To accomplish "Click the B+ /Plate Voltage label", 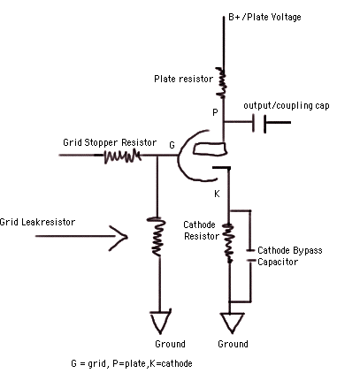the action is [264, 17].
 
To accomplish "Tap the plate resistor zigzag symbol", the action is [223, 83].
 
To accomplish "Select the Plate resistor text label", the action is [183, 79].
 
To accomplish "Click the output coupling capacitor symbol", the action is [260, 123].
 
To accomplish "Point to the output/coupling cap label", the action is [287, 105].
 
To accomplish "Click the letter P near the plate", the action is [215, 112].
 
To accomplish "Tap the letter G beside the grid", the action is [172, 145].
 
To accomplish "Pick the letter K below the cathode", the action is [217, 194].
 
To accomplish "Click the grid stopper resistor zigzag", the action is [122, 156].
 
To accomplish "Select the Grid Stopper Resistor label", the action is [110, 142].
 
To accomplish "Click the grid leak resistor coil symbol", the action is [157, 236].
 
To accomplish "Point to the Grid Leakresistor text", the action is [37, 222].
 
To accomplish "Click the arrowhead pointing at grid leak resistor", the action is [119, 238].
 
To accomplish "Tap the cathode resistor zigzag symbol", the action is [228, 243].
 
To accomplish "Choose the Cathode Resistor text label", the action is [202, 231].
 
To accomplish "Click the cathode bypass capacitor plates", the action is [250, 255].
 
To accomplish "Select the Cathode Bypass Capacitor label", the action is [290, 256].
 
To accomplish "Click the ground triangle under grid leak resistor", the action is [160, 322].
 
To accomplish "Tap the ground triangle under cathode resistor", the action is [232, 324].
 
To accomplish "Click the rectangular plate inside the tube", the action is [210, 148].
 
